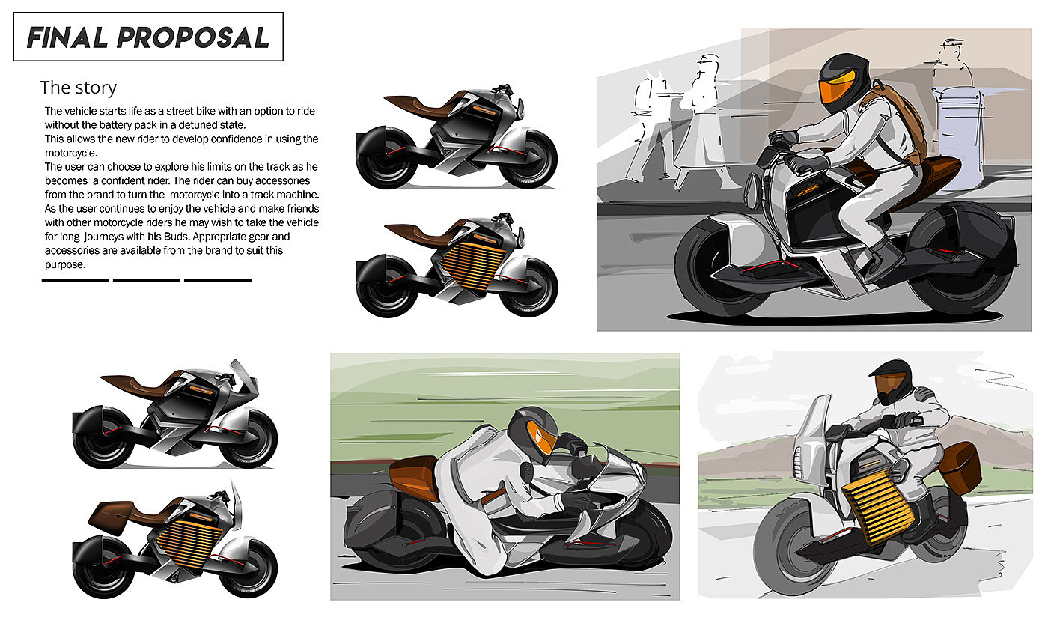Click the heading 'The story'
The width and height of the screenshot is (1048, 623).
click(x=79, y=88)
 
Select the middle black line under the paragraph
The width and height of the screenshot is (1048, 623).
click(x=146, y=280)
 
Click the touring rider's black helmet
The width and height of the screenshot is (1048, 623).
click(x=892, y=378)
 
